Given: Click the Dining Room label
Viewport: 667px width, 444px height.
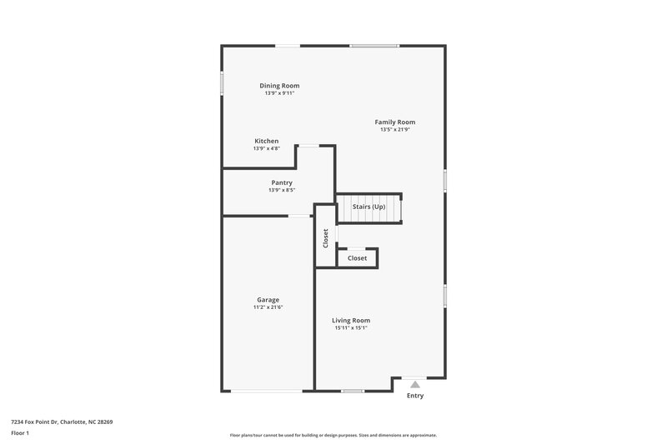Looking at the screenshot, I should (279, 86).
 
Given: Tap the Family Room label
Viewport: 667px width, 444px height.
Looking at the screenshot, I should (394, 122).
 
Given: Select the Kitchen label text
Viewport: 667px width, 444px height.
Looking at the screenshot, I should (267, 141).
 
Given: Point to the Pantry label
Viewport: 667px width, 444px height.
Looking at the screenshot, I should (282, 182).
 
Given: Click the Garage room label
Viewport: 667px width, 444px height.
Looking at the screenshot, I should (268, 300).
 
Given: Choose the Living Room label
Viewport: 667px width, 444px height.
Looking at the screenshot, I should (351, 320).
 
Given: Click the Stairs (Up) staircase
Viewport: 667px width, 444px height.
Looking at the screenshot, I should (369, 207).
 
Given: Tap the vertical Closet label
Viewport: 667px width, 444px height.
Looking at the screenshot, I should (326, 237).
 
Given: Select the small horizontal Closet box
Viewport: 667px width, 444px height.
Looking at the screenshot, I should (357, 258).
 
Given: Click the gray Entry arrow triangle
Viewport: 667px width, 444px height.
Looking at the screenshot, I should (415, 384).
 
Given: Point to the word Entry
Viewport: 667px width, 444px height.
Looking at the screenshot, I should (415, 396).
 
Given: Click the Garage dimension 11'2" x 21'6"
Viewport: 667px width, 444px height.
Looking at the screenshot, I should (268, 307).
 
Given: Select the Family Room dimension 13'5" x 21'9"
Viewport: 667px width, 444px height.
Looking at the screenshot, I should (394, 130).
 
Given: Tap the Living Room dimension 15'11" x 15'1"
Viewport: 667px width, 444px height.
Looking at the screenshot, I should (351, 327).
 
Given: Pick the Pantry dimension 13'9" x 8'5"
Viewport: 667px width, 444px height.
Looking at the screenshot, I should (282, 190).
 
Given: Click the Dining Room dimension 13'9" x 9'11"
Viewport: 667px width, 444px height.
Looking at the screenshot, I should (279, 93).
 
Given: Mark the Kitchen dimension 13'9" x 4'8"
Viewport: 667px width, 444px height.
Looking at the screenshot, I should (267, 148).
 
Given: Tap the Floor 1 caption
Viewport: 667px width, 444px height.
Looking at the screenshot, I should (20, 434).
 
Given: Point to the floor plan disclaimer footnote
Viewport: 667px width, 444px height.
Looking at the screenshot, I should (333, 435).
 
